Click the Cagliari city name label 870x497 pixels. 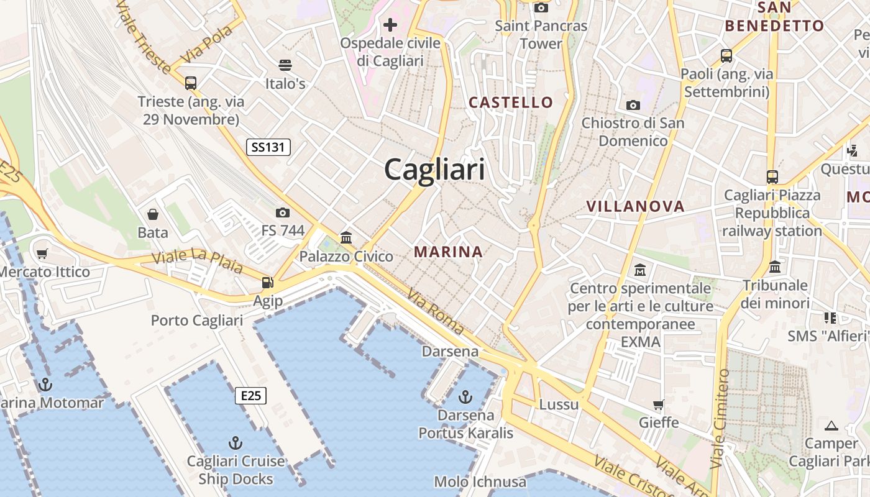click(x=434, y=169)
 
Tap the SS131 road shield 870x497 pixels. click(x=268, y=147)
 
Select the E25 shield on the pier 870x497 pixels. click(x=250, y=396)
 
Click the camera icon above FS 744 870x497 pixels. click(x=283, y=213)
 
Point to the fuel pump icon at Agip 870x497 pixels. click(x=267, y=283)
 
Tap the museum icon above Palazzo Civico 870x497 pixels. click(x=346, y=237)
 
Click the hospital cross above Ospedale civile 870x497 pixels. click(x=390, y=25)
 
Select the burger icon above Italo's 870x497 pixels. click(x=285, y=65)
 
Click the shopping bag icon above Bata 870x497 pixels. click(x=153, y=215)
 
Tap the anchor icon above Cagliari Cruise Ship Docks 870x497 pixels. click(x=235, y=443)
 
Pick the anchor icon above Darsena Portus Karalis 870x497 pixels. click(x=465, y=396)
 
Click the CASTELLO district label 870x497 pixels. click(x=511, y=103)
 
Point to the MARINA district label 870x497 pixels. click(x=448, y=252)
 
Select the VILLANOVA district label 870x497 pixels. click(x=635, y=206)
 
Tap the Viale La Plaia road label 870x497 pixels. click(x=197, y=260)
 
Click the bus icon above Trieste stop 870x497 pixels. click(x=191, y=83)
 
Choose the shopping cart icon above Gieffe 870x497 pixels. click(x=659, y=404)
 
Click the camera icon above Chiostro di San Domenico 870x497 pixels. click(x=633, y=105)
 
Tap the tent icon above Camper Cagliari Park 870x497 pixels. click(x=831, y=426)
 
